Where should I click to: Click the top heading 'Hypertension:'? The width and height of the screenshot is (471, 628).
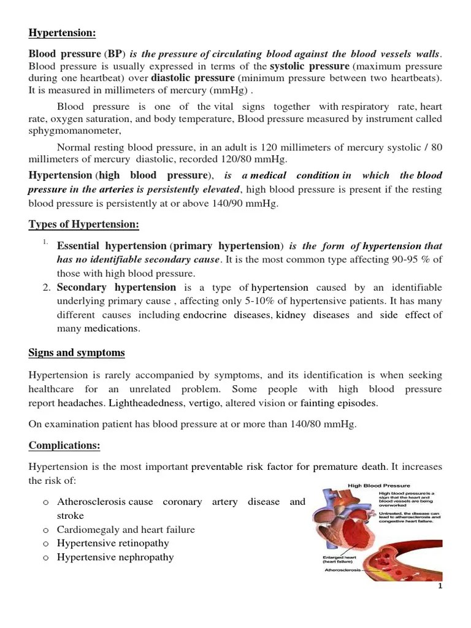pos(62,33)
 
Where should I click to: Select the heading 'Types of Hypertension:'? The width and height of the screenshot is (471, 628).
pos(84,224)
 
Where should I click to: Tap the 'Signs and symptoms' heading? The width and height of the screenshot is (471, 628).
pos(77,353)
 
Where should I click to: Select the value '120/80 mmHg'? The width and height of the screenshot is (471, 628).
pos(262,159)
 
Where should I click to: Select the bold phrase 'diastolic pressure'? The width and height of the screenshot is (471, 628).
pos(193,78)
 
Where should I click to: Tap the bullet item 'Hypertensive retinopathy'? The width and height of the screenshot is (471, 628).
pos(113,543)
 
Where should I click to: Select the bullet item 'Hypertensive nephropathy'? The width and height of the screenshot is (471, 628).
pos(115,557)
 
